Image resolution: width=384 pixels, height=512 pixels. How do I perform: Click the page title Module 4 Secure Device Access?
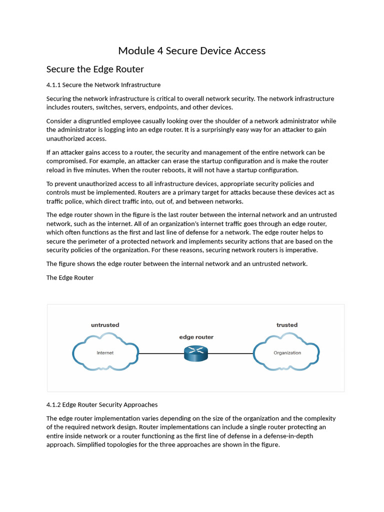click(x=191, y=50)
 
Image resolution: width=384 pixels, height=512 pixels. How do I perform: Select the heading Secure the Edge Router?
click(x=95, y=69)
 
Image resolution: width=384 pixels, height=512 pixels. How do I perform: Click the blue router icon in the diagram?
click(x=195, y=353)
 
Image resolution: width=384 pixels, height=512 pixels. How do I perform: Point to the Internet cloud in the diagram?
click(x=105, y=353)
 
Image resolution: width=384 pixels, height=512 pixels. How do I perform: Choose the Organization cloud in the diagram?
click(x=287, y=353)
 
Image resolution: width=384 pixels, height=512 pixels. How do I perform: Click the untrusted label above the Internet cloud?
click(x=105, y=325)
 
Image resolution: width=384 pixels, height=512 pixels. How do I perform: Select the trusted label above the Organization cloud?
click(x=287, y=325)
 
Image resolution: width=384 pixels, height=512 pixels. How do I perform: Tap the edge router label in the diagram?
click(x=196, y=337)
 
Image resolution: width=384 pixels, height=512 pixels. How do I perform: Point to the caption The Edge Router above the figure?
click(x=70, y=277)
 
